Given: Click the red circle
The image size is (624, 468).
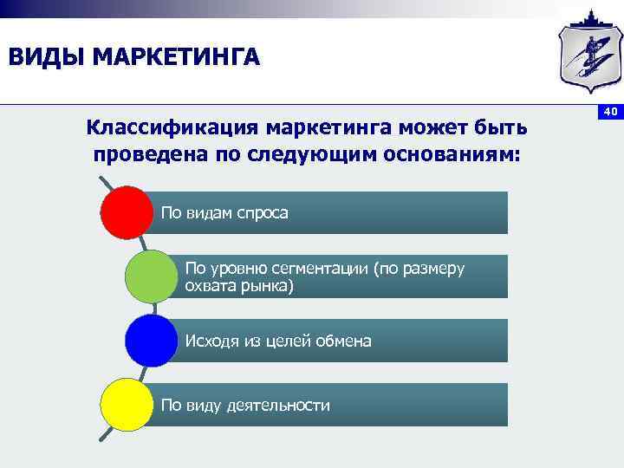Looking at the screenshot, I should click(x=127, y=212).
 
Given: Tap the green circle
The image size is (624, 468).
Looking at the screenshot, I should click(x=151, y=276).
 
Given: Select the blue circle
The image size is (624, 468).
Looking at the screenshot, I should click(x=151, y=341).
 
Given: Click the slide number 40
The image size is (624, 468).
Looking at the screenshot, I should click(x=609, y=112).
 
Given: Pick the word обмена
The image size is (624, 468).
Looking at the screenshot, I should click(x=342, y=341).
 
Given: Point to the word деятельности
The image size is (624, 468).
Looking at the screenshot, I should click(x=278, y=406).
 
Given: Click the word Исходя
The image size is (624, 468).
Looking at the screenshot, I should click(x=211, y=341).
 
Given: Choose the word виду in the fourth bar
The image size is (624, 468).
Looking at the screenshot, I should click(x=204, y=406).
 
